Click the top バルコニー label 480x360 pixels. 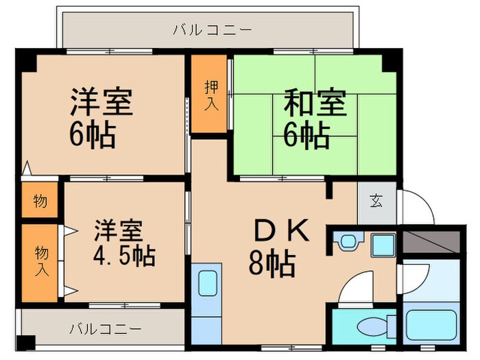(212, 29)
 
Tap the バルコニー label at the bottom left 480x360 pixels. (104, 328)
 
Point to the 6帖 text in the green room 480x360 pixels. (307, 136)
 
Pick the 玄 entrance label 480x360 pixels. (376, 202)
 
